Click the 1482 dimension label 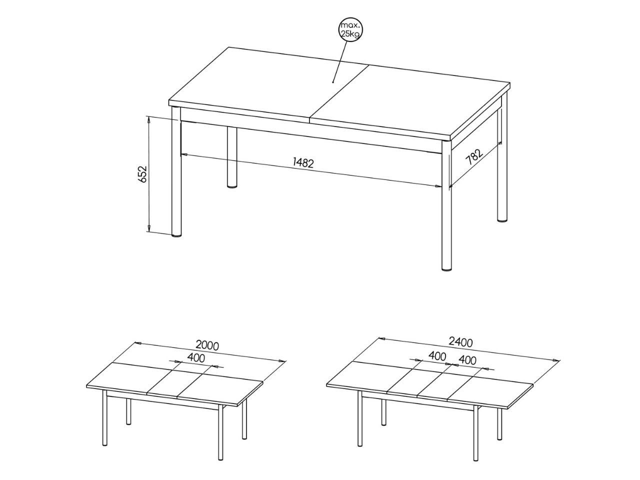(303, 163)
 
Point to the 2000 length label (206, 345)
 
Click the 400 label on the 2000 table (195, 358)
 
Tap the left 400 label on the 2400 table (437, 356)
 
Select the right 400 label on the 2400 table (467, 360)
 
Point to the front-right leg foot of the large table (447, 269)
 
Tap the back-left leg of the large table (232, 158)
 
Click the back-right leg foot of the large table (502, 220)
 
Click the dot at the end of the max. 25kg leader (332, 82)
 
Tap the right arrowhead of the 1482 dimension (437, 186)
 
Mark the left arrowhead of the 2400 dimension (382, 339)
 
